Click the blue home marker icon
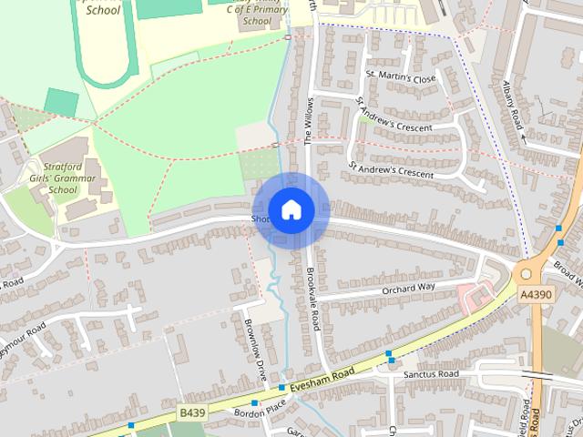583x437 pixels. [291, 209]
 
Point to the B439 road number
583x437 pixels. [192, 412]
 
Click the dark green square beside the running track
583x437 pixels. [61, 102]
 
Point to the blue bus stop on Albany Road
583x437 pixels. [558, 228]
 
